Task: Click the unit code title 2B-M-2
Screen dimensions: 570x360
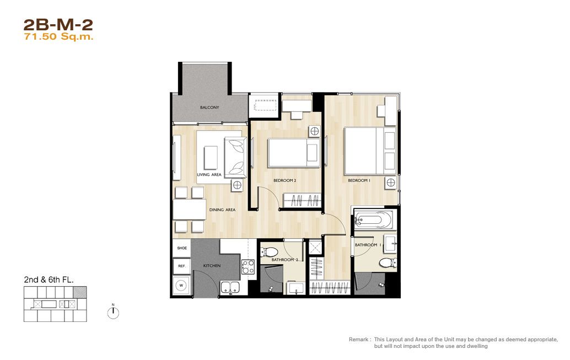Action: pyautogui.click(x=58, y=25)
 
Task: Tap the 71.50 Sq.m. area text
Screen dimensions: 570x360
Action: pyautogui.click(x=58, y=37)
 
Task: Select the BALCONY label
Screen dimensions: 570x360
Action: pyautogui.click(x=209, y=108)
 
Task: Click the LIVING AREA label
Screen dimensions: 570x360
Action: pyautogui.click(x=209, y=175)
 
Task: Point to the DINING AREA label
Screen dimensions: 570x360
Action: pyautogui.click(x=222, y=210)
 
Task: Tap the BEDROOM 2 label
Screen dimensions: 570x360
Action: pyautogui.click(x=284, y=180)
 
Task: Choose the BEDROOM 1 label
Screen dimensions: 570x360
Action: pyautogui.click(x=359, y=180)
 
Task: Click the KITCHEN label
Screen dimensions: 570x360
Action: pyautogui.click(x=212, y=266)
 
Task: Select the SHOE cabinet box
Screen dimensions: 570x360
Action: pyautogui.click(x=182, y=248)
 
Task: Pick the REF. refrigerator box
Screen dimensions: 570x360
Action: pyautogui.click(x=182, y=266)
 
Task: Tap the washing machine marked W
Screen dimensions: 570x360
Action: pyautogui.click(x=181, y=286)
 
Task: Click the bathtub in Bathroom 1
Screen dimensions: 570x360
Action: pyautogui.click(x=373, y=219)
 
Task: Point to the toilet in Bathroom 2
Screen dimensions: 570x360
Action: pyautogui.click(x=269, y=251)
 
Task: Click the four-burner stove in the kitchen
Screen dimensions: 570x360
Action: pyautogui.click(x=248, y=267)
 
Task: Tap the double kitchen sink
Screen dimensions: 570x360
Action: pyautogui.click(x=230, y=287)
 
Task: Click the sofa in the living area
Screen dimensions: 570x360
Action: pyautogui.click(x=235, y=158)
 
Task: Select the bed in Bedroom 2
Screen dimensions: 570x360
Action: pyautogui.click(x=294, y=153)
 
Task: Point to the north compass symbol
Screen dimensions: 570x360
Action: pyautogui.click(x=114, y=313)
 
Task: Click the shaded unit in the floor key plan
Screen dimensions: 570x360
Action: pyautogui.click(x=80, y=292)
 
